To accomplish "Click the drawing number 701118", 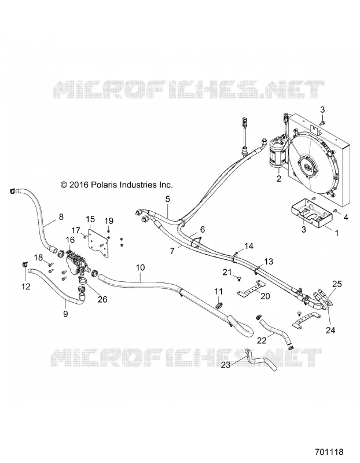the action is click(x=329, y=452).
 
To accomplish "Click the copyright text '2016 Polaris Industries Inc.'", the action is click(x=120, y=185).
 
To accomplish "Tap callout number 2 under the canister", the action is click(x=279, y=178).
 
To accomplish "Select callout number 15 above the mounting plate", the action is click(x=90, y=219).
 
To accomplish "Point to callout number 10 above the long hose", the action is click(x=141, y=267).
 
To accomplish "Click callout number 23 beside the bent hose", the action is click(x=226, y=365).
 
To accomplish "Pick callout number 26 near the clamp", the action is click(x=102, y=299).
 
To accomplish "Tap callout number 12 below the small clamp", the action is click(x=26, y=286).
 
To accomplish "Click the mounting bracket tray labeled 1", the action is click(x=311, y=212).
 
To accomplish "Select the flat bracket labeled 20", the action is click(x=251, y=288).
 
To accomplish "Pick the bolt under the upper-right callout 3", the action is click(x=322, y=122).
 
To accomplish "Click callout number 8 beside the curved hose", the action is click(x=61, y=216).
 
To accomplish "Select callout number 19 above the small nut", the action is click(x=109, y=221).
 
